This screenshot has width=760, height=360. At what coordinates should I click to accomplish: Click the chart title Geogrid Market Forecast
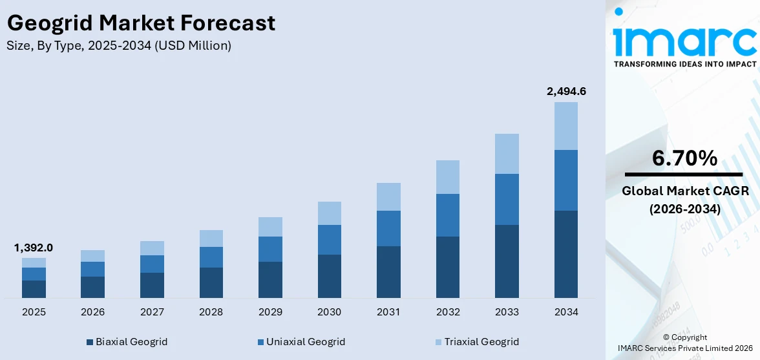tap(141, 23)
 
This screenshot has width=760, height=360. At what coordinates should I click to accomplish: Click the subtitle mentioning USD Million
tap(119, 45)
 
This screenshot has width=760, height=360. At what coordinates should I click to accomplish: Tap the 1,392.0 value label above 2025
tap(34, 248)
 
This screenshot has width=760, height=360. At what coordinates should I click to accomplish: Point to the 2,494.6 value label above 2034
tap(566, 91)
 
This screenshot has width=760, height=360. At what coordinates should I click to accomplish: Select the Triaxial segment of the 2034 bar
tap(566, 126)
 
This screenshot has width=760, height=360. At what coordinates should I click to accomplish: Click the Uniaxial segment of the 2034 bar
tap(566, 180)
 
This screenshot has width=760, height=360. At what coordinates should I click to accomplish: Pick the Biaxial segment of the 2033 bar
tap(507, 261)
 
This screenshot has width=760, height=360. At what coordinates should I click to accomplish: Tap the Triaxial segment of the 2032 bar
tap(448, 177)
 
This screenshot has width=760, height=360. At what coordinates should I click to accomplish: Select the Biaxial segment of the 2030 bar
tap(330, 276)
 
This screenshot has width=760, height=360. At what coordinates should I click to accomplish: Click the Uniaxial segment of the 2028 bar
tap(211, 257)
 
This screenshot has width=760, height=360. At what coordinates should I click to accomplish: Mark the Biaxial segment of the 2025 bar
tap(34, 289)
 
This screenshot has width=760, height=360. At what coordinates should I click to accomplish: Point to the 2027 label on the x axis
tap(152, 312)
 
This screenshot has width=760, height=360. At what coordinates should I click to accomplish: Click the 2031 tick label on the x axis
tap(388, 312)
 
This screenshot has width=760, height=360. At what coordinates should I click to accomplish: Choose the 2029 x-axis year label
tap(270, 312)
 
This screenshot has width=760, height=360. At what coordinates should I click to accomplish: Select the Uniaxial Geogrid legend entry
tap(301, 341)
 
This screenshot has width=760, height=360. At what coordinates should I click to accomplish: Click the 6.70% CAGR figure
tap(684, 158)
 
